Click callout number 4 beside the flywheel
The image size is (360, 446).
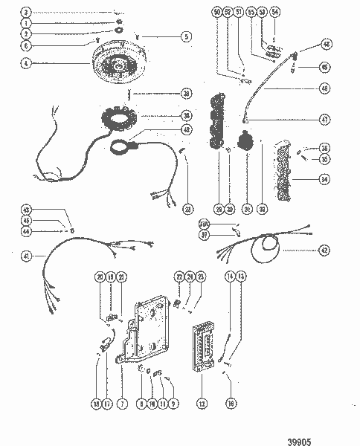(x=26, y=63)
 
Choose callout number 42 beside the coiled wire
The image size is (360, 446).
(x=324, y=251)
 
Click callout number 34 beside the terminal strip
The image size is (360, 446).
(x=324, y=178)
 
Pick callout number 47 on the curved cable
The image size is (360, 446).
(x=324, y=119)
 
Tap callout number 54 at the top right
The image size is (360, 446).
(x=275, y=13)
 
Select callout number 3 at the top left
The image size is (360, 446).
(x=26, y=13)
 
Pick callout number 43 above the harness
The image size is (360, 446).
(x=26, y=209)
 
